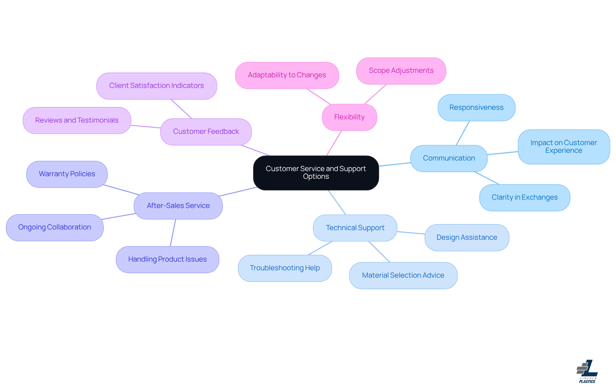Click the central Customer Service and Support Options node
316,173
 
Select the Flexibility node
349,117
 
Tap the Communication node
449,158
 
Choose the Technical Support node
355,228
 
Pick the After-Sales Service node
178,206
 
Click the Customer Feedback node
206,132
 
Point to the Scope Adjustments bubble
401,71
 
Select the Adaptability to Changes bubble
287,75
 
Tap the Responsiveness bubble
476,108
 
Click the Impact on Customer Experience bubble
564,147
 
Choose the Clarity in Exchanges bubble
525,197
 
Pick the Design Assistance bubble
467,238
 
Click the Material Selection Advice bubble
403,275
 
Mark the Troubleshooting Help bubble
285,268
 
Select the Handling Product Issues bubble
167,259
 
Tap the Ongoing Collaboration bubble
55,227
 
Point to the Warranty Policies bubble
67,174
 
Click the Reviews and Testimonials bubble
77,120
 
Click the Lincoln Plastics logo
587,371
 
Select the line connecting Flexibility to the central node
334,143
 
